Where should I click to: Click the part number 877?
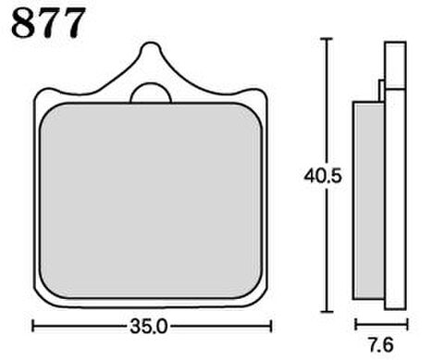48,23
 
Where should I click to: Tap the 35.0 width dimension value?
148,327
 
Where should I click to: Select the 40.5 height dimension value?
323,177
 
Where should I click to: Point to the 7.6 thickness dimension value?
381,345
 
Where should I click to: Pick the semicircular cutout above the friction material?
151,93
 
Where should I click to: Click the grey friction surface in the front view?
151,201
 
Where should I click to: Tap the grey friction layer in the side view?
369,201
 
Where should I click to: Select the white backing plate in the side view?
395,176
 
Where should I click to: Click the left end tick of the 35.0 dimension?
33,327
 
